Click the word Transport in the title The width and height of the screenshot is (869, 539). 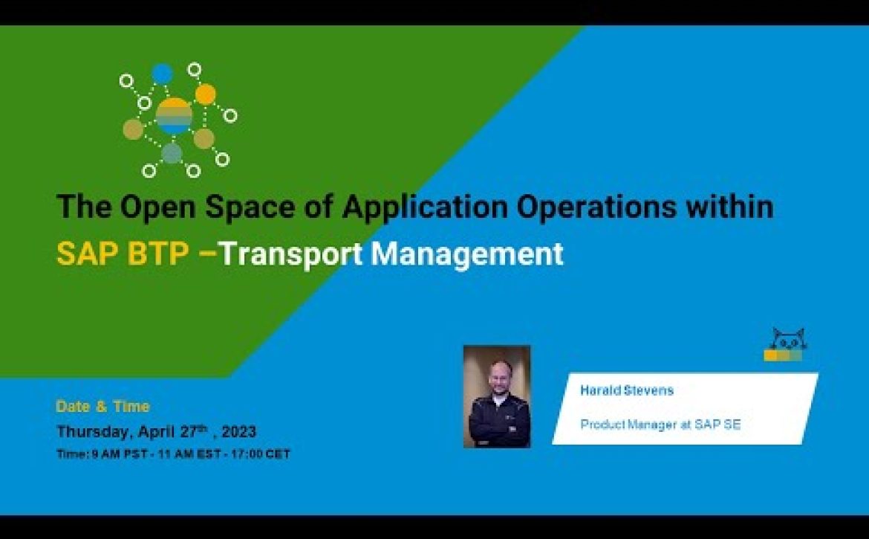pyautogui.click(x=292, y=254)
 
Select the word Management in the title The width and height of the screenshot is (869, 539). pyautogui.click(x=467, y=254)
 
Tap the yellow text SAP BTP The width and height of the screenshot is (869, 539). pyautogui.click(x=123, y=254)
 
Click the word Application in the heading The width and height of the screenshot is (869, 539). pyautogui.click(x=425, y=207)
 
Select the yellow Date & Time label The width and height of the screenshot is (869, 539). pyautogui.click(x=103, y=407)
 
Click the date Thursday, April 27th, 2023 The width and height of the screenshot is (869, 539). pyautogui.click(x=156, y=431)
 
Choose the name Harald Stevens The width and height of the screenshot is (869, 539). pyautogui.click(x=627, y=390)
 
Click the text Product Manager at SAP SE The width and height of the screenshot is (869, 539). pyautogui.click(x=660, y=425)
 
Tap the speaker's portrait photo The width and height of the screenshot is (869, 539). pyautogui.click(x=497, y=396)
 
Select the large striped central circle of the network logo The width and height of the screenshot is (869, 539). pyautogui.click(x=174, y=117)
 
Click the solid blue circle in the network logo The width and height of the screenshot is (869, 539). pyautogui.click(x=163, y=74)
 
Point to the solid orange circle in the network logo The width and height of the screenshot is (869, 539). pyautogui.click(x=206, y=94)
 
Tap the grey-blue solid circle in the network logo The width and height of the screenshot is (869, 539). pyautogui.click(x=172, y=153)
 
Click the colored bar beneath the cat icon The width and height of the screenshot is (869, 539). pyautogui.click(x=783, y=355)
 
